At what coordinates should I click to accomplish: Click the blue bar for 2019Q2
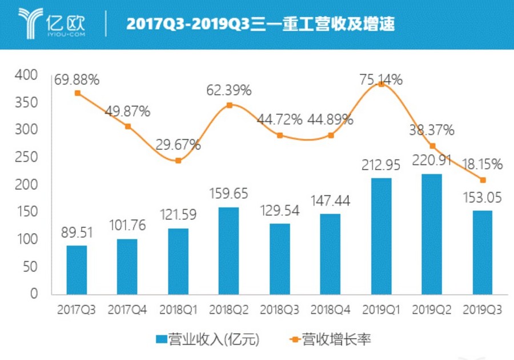[432, 234]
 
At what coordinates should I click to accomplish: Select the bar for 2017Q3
[77, 270]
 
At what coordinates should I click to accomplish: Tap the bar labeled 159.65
[228, 251]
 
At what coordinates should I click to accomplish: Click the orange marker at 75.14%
[382, 84]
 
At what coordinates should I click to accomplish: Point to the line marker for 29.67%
[178, 161]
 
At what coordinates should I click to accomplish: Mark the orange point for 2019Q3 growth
[483, 180]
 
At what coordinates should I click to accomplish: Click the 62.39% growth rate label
[228, 90]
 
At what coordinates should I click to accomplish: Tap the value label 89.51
[77, 234]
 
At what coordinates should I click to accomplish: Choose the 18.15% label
[483, 165]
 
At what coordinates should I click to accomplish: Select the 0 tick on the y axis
[34, 294]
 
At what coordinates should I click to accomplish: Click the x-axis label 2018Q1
[178, 310]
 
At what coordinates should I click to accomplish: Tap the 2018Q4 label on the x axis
[330, 310]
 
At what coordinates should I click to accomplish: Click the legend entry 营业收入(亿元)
[208, 340]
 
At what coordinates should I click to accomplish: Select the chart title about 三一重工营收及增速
[260, 25]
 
